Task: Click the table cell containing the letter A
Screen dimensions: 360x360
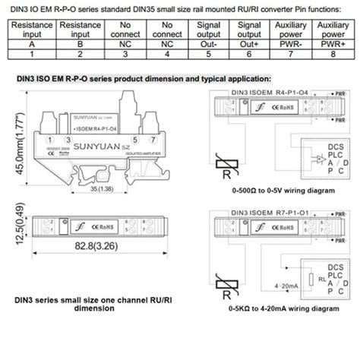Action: point(30,45)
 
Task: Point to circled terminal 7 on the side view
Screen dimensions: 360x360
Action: point(156,139)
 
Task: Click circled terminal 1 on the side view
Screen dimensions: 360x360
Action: point(48,139)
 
